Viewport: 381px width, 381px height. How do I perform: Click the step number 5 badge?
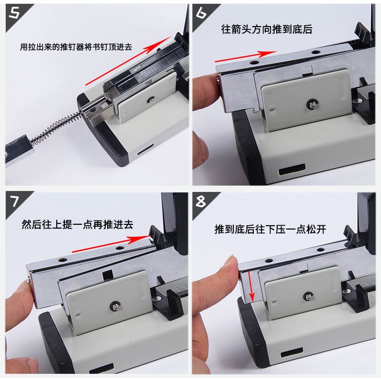tap(14, 13)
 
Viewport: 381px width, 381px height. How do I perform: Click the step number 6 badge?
tap(201, 13)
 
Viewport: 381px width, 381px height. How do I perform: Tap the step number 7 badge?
tap(14, 201)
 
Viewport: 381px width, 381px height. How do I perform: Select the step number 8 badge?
tap(201, 201)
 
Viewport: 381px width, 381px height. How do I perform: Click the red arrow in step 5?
tap(128, 61)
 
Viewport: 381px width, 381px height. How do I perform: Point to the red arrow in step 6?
tap(246, 56)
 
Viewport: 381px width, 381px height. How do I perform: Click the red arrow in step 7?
tap(111, 244)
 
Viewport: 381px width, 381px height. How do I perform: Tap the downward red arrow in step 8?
tap(251, 287)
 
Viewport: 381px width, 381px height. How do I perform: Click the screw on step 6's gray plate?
tap(311, 104)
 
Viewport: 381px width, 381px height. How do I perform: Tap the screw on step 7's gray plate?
tap(114, 306)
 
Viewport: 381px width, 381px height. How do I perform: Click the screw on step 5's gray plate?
tap(151, 99)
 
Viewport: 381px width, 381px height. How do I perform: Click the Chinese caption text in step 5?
tap(76, 47)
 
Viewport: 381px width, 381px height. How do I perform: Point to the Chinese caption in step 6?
tap(267, 29)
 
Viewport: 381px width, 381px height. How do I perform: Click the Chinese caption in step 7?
tap(77, 224)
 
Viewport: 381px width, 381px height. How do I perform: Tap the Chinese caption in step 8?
tap(270, 230)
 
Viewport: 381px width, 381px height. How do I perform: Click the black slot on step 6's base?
tap(292, 169)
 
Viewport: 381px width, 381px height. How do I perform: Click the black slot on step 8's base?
tap(292, 352)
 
